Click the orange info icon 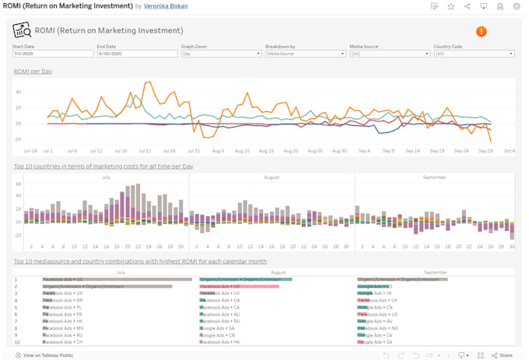click(481, 31)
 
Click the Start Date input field click(51, 54)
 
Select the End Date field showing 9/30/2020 click(136, 54)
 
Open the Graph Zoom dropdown click(220, 54)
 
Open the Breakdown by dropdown click(304, 54)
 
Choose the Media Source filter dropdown click(389, 54)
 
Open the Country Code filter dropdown click(473, 54)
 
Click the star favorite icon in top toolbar click(451, 6)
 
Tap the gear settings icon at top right click(517, 6)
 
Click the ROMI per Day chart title click(34, 72)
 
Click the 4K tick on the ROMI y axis click(18, 92)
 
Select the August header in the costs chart click(272, 177)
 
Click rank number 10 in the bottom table click(16, 342)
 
